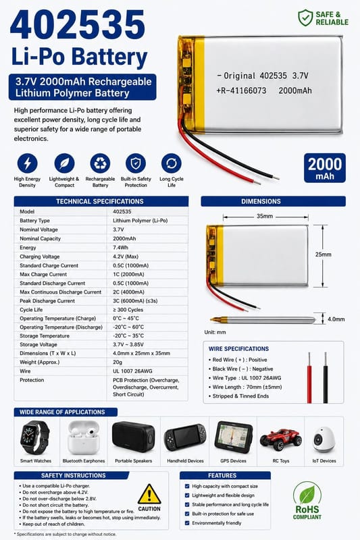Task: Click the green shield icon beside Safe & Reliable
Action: [x=305, y=18]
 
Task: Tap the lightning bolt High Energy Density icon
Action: [x=27, y=163]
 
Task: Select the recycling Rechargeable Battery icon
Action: [x=100, y=163]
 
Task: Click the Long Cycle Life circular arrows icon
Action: [x=171, y=163]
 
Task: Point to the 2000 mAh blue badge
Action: [x=324, y=167]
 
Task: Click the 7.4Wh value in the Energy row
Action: [x=121, y=248]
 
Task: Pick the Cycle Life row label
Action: [x=31, y=310]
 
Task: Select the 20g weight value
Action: [x=118, y=362]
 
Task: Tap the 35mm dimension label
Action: [x=265, y=216]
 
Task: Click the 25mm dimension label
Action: [x=323, y=254]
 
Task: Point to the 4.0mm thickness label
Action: [x=336, y=319]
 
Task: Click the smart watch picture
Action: [x=34, y=437]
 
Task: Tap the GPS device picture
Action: [x=234, y=437]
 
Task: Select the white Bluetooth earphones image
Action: [x=83, y=437]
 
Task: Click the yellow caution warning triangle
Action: [x=149, y=494]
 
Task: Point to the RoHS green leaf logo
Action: [x=307, y=495]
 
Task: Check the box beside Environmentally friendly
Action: [x=187, y=522]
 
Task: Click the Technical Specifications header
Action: [x=100, y=201]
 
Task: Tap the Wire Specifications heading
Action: [x=238, y=349]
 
